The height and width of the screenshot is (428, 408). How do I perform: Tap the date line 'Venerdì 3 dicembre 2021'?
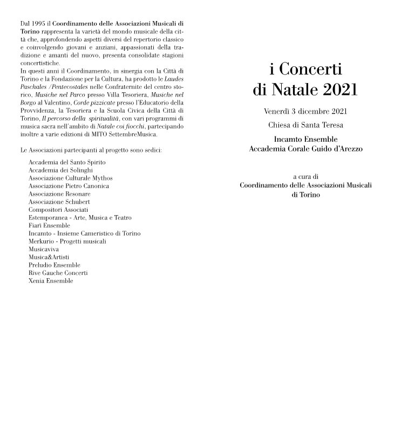[x=305, y=112]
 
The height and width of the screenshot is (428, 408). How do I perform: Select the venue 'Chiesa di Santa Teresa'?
[x=305, y=126]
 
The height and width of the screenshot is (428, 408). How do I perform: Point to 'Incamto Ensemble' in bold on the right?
[x=305, y=140]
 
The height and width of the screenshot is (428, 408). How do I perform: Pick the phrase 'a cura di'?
[x=305, y=176]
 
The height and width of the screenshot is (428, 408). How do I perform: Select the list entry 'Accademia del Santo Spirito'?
[x=67, y=162]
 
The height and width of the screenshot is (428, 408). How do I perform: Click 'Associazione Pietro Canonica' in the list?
[x=69, y=186]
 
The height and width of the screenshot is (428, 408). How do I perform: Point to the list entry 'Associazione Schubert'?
[x=59, y=202]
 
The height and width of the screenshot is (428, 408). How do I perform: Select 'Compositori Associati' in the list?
[x=58, y=210]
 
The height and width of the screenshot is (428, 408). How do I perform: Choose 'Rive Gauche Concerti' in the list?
[x=58, y=273]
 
